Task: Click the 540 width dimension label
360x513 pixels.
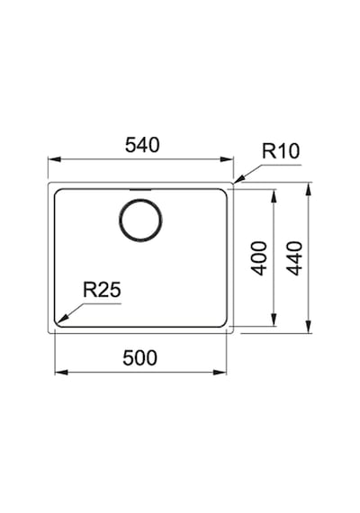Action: coord(142,145)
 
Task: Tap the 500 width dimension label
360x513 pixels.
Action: coord(139,357)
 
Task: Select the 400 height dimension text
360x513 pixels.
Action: coord(259,258)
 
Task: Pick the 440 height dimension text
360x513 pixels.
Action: coord(294,258)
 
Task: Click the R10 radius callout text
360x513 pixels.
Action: coord(281,151)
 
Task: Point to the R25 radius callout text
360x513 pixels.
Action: coord(102,290)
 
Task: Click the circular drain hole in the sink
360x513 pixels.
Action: coord(140,220)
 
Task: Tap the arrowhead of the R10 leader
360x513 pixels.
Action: coord(238,179)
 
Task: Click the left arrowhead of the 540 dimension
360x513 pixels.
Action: coord(55,159)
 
